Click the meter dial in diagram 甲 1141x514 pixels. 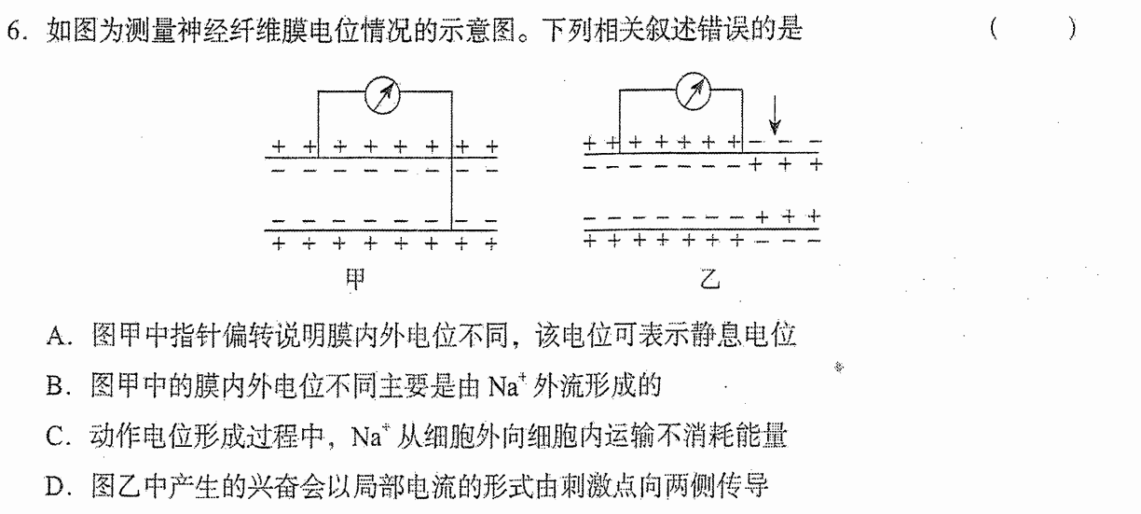tap(382, 95)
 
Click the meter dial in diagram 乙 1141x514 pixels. tap(694, 91)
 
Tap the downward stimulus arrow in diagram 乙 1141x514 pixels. tap(775, 115)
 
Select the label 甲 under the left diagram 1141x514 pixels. tap(355, 279)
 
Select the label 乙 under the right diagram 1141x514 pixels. tap(709, 278)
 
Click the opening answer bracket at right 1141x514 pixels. tap(994, 29)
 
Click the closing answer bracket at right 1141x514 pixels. tap(1072, 29)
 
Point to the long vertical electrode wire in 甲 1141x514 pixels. tap(452, 160)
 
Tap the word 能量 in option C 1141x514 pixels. tap(762, 436)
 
